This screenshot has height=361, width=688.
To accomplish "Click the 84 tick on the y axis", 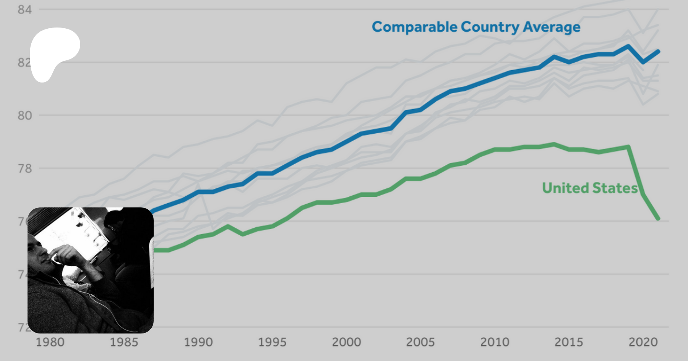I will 24,10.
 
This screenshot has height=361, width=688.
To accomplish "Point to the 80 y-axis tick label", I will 24,115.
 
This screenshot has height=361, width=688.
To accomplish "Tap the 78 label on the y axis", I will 24,168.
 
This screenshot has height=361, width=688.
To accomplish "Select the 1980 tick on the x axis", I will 50,342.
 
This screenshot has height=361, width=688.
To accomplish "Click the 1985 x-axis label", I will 124,342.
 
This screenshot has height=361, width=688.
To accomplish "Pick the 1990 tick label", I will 198,342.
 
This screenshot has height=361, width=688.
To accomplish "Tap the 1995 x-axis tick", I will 272,342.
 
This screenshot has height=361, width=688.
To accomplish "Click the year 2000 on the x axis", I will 346,342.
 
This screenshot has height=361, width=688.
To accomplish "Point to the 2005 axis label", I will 420,342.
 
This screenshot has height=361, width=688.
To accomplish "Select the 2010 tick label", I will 495,342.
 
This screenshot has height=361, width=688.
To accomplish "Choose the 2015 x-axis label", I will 569,342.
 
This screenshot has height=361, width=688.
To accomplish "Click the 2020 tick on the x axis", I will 643,342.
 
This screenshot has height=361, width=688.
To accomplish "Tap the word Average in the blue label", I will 552,28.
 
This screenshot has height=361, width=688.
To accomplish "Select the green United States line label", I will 590,188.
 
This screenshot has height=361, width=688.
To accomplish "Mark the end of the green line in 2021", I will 658,219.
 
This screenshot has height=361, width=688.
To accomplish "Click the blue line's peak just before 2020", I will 628,47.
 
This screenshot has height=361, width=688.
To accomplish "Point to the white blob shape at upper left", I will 54,52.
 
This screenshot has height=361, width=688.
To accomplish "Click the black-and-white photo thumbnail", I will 91,270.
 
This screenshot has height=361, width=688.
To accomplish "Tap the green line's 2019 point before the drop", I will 628,147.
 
